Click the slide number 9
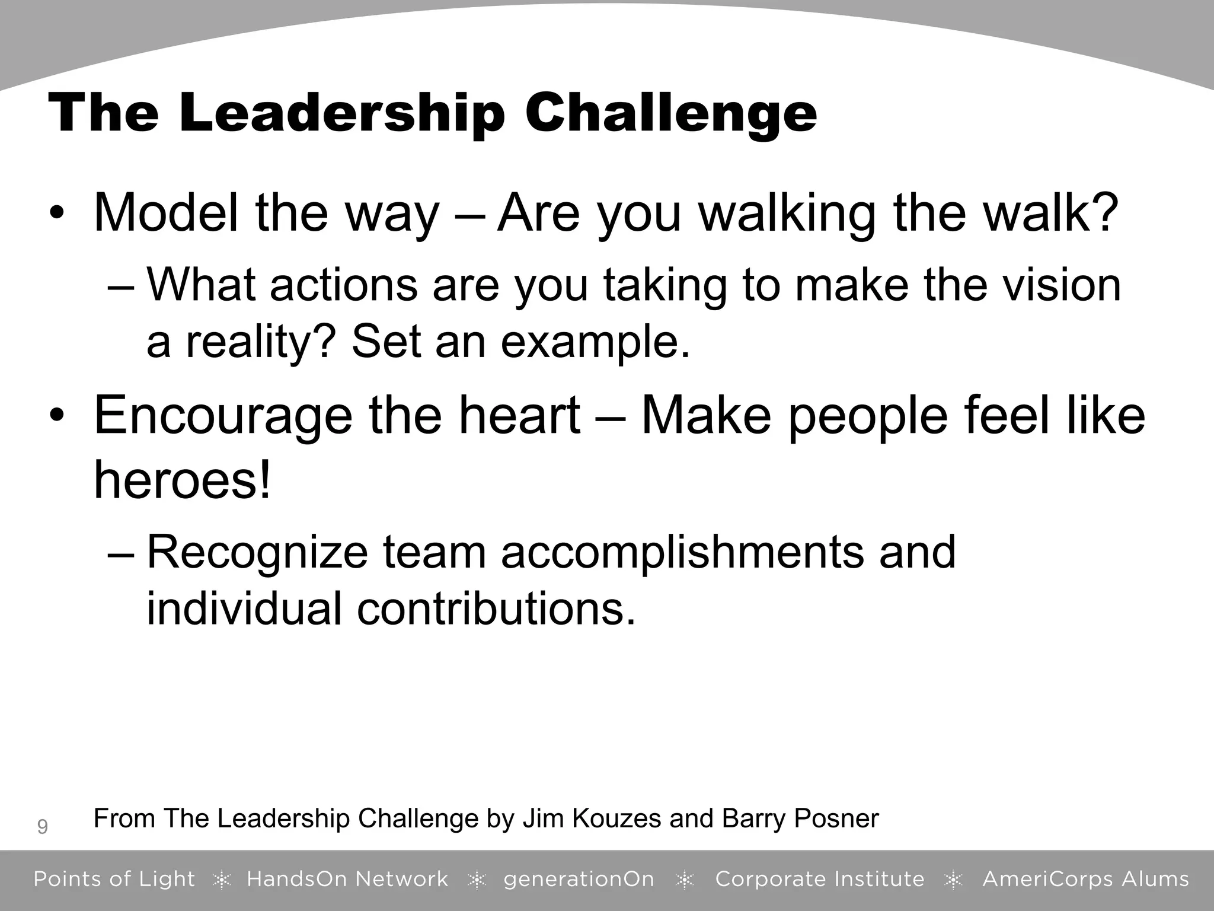point(42,826)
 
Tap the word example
point(595,342)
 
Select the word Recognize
point(257,552)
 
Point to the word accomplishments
point(682,552)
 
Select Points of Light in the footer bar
point(114,879)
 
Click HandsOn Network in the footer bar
point(347,879)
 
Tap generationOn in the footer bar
point(579,879)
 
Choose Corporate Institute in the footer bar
point(820,879)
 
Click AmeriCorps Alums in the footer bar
point(1085,879)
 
